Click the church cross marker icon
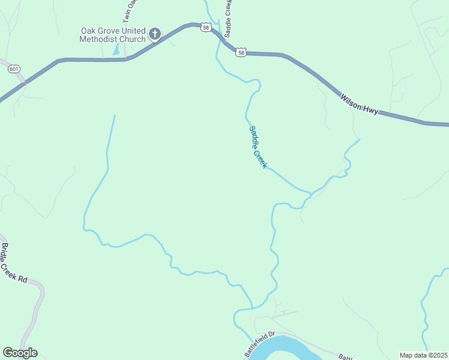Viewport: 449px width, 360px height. tap(155, 34)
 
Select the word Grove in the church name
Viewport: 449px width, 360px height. tap(109, 31)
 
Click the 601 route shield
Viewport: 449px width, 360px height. tap(13, 69)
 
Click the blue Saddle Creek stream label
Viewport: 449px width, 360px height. tap(258, 146)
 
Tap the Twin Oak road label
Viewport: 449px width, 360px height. tap(133, 12)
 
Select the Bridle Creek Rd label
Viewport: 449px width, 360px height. tap(14, 263)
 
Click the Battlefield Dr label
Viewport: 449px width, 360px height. tap(260, 343)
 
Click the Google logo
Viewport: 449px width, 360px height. tap(20, 353)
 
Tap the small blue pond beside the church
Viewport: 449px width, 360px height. tap(116, 49)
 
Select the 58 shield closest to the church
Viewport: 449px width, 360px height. tap(206, 28)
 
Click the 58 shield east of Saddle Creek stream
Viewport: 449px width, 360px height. tap(241, 53)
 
